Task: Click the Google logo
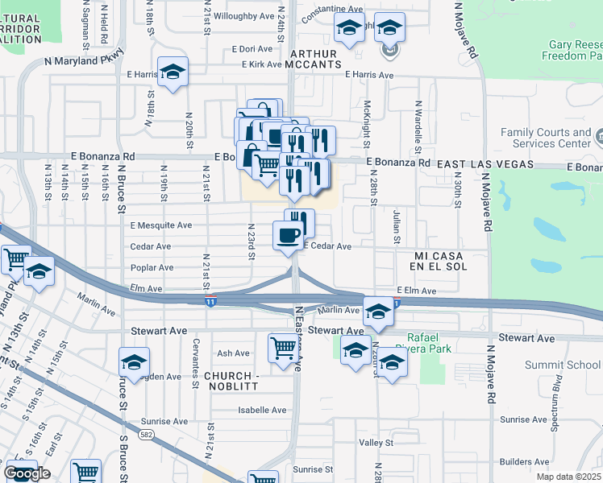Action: pos(27,473)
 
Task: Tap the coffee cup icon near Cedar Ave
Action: pos(289,236)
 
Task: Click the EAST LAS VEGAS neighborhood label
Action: pos(485,163)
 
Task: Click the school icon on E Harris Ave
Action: pos(173,72)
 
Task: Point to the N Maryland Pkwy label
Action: pos(85,59)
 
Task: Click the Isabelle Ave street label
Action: pos(262,410)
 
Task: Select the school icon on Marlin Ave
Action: pos(376,311)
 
